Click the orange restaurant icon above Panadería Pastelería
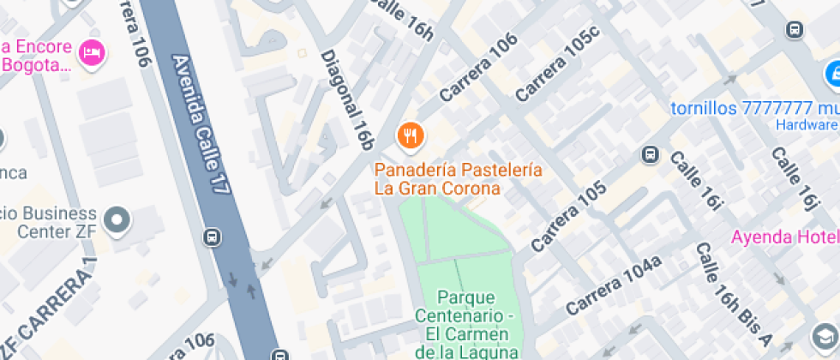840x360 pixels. coord(411,135)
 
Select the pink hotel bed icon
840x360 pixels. coord(90,54)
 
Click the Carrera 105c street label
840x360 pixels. coord(556,69)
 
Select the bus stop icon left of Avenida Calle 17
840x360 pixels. coord(212,237)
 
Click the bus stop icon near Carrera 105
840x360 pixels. coord(650,155)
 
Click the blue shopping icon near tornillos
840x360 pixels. coord(831,75)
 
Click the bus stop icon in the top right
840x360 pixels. coord(795,30)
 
